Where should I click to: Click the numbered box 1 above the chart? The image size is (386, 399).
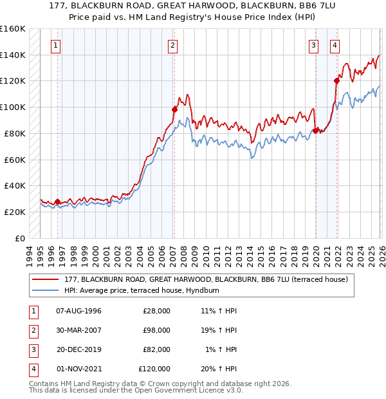click(x=57, y=45)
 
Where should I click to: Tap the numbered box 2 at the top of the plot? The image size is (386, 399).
click(x=174, y=45)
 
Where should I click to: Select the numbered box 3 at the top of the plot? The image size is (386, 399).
click(x=313, y=45)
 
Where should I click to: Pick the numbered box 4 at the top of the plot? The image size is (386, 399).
click(x=336, y=45)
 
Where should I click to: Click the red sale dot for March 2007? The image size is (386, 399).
click(x=174, y=109)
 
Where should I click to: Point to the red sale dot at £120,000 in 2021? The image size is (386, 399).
click(x=336, y=80)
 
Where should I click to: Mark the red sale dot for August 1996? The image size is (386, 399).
click(x=58, y=201)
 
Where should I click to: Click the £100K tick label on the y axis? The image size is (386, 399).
click(x=12, y=107)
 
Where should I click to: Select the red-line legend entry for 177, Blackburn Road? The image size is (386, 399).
click(x=206, y=279)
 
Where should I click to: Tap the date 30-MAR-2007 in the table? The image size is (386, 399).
click(x=78, y=330)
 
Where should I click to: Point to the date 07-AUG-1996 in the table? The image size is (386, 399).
click(x=78, y=311)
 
